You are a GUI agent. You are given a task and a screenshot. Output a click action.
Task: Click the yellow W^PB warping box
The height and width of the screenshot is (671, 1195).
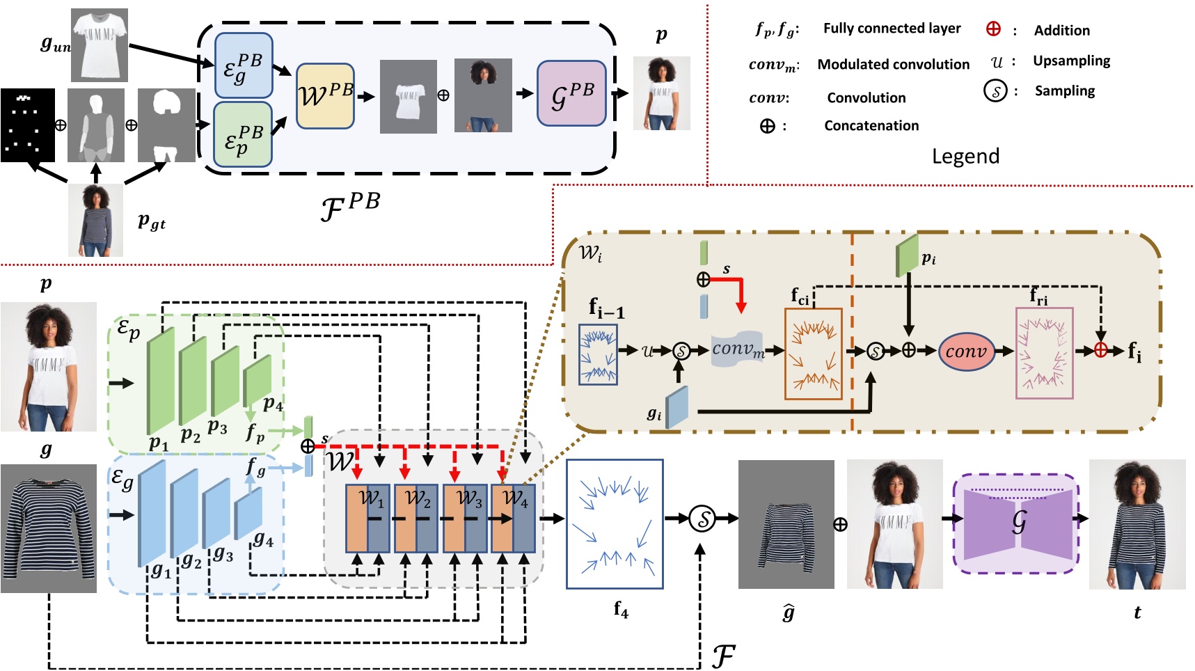[x=325, y=96]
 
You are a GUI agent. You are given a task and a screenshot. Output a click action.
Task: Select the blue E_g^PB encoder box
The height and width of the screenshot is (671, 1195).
[x=243, y=65]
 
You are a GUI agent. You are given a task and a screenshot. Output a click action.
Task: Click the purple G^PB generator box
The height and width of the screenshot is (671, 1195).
[x=571, y=93]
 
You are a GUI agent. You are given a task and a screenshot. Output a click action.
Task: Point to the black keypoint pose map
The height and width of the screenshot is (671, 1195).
[x=28, y=125]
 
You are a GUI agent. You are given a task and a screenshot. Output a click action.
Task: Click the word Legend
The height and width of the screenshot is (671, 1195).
[x=965, y=156]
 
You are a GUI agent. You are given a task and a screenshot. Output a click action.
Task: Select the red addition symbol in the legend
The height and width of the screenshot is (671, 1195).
[x=993, y=29]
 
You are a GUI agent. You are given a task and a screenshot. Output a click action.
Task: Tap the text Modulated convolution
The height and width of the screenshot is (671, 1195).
[x=893, y=65]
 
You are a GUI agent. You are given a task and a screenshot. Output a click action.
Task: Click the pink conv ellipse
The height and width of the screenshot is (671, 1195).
[x=965, y=352]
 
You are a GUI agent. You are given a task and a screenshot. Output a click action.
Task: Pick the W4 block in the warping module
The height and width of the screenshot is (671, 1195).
[x=513, y=518]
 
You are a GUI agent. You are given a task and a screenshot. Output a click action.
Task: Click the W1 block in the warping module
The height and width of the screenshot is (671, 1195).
[x=367, y=518]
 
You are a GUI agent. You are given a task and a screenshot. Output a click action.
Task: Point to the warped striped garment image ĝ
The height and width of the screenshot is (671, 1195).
[x=786, y=524]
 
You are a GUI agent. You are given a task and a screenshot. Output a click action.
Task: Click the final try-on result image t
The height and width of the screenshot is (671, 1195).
[x=1137, y=524]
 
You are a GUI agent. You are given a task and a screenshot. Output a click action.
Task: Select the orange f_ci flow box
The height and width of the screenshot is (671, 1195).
[x=813, y=354]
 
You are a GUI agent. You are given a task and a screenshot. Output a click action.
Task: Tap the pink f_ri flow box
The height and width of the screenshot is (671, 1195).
[x=1044, y=353]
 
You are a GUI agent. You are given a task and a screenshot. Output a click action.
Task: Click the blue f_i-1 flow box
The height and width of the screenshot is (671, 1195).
[x=598, y=354]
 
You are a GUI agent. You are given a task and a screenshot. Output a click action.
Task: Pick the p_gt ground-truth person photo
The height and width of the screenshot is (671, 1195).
[x=96, y=220]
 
